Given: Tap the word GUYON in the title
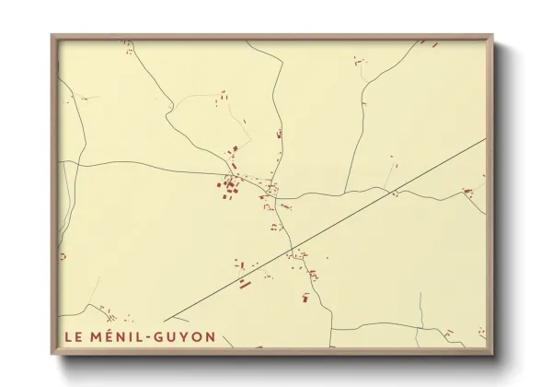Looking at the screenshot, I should click(x=184, y=337).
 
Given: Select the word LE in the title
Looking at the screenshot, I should click(x=71, y=337).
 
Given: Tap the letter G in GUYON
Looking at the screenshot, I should click(x=158, y=337).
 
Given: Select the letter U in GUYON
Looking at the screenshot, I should click(x=170, y=337).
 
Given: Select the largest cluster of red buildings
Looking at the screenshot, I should click(x=229, y=186).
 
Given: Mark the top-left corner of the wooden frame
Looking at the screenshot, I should click(x=52, y=36).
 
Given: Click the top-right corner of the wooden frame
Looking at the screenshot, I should click(x=492, y=36).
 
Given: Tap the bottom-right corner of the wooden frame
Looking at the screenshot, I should click(x=492, y=355).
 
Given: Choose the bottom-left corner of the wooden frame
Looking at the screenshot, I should click(x=52, y=355).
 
